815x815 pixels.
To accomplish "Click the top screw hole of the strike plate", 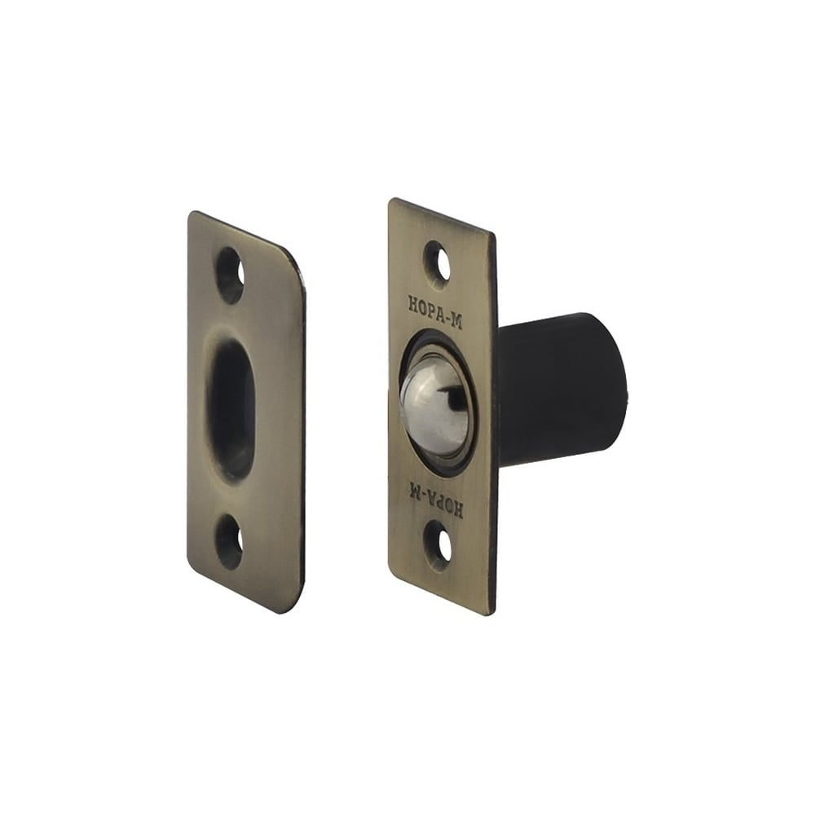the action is click(x=230, y=275).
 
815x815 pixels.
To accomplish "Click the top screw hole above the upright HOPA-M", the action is click(x=438, y=262).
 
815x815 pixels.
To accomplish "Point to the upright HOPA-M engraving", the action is click(x=435, y=311).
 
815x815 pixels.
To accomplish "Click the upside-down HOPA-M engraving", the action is click(x=435, y=498).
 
